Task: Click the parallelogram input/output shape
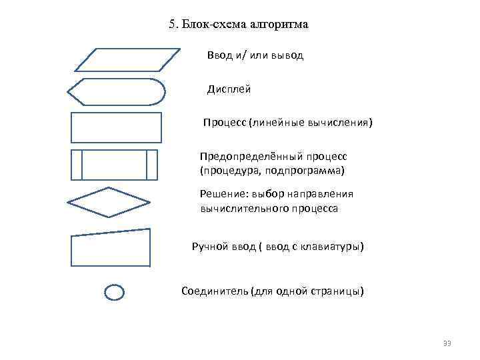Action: [x=127, y=59]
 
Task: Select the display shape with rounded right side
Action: [x=117, y=92]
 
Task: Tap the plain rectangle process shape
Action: [x=116, y=127]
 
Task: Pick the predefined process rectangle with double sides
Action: [x=114, y=165]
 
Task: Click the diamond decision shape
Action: [x=109, y=202]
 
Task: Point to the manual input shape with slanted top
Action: [x=110, y=248]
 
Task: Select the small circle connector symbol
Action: [x=115, y=292]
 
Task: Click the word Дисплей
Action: [x=229, y=89]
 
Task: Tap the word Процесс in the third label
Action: [x=225, y=123]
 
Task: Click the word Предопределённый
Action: [x=251, y=156]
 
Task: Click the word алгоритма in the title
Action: [x=279, y=25]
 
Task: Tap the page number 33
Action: [x=447, y=343]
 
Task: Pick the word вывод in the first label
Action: [x=288, y=55]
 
